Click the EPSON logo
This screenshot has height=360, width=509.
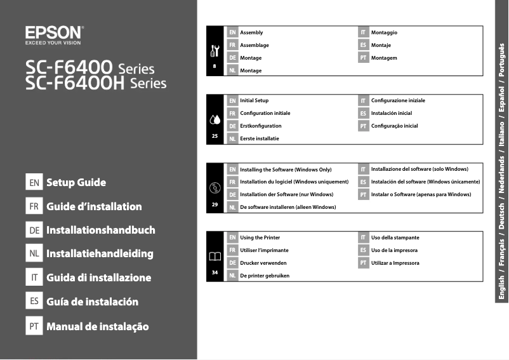click(54, 34)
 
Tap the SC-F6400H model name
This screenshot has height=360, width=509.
click(76, 83)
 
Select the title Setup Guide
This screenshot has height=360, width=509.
click(76, 183)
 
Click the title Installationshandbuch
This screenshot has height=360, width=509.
click(100, 230)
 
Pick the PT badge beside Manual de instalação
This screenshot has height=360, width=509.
click(34, 326)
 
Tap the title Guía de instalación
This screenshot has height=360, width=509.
click(92, 302)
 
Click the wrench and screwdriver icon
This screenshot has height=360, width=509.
click(215, 50)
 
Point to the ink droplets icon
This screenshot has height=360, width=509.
click(215, 119)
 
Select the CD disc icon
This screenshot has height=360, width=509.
click(215, 187)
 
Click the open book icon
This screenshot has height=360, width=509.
click(215, 255)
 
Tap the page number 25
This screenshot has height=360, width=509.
click(215, 137)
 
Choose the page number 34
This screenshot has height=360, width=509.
click(215, 272)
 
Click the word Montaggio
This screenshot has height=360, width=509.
click(384, 32)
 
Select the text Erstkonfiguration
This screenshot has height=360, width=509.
click(260, 126)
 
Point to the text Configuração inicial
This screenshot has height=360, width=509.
click(394, 126)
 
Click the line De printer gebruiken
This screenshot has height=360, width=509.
click(265, 276)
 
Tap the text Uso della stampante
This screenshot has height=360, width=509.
click(395, 237)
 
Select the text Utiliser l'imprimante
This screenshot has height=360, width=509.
click(264, 250)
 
